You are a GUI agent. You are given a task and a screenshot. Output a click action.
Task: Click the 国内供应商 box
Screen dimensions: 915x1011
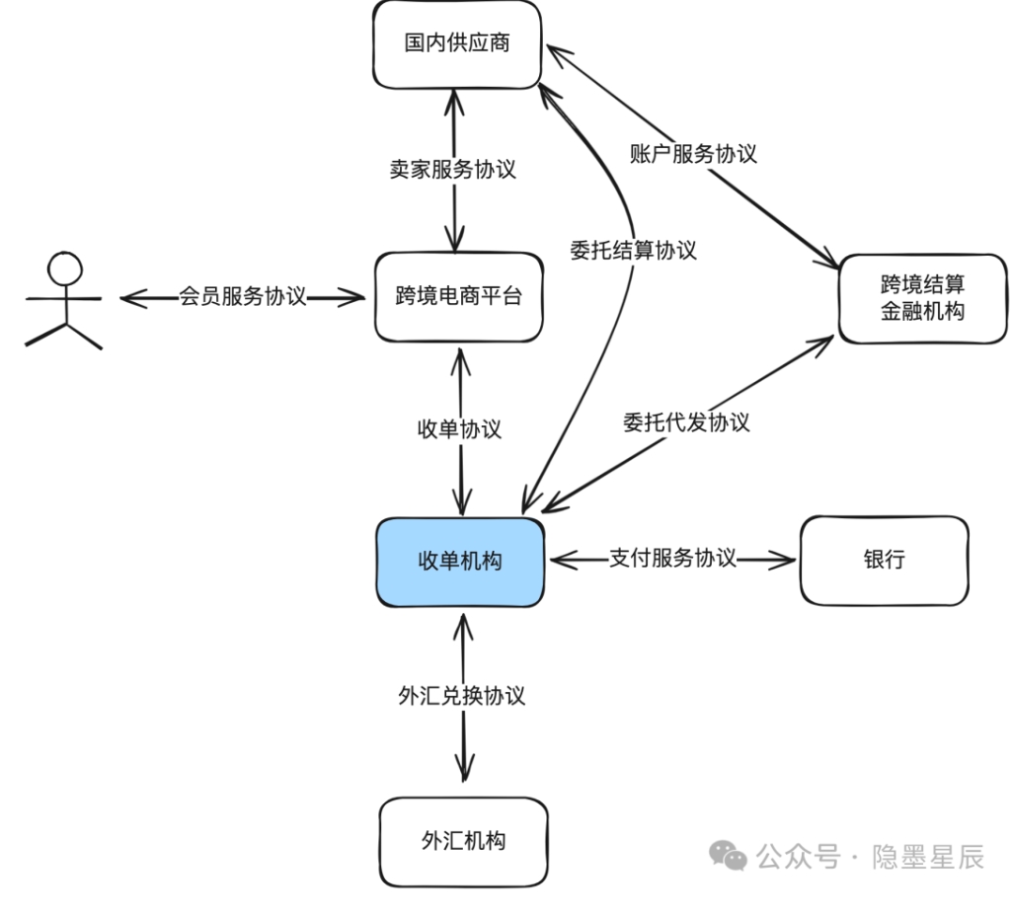[457, 43]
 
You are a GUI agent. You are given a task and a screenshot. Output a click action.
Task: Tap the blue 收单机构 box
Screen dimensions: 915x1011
[459, 561]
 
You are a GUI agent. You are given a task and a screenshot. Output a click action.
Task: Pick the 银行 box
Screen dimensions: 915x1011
[884, 561]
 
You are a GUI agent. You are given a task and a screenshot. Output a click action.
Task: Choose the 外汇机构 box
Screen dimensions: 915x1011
[462, 841]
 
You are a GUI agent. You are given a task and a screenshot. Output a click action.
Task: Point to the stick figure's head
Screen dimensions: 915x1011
[66, 268]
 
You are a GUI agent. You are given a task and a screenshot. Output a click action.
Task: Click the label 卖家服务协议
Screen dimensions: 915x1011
[453, 169]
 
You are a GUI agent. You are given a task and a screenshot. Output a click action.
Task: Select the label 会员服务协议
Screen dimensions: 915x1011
[242, 296]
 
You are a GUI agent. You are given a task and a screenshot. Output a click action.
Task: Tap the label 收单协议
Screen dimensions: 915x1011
[459, 428]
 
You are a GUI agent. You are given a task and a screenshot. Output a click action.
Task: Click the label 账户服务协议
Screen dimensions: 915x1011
[693, 153]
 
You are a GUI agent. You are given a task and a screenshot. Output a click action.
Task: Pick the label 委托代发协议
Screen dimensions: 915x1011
[686, 422]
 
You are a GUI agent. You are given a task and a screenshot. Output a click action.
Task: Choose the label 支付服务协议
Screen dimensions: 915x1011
[672, 558]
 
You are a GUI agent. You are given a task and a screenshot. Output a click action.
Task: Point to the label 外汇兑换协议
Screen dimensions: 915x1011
[462, 695]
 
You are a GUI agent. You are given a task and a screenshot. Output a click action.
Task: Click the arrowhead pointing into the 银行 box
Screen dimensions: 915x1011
[786, 561]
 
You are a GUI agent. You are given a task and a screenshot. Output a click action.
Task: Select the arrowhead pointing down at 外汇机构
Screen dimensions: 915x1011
[464, 770]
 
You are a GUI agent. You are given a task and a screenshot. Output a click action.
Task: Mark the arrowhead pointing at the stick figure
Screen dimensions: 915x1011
[128, 296]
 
